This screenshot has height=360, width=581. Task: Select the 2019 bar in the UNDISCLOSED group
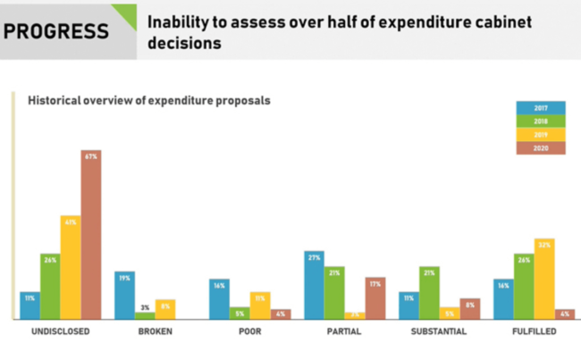point(71,267)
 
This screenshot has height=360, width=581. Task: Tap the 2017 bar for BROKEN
point(125,295)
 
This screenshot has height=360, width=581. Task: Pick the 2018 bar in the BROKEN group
point(145,314)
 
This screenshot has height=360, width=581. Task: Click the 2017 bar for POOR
point(219,299)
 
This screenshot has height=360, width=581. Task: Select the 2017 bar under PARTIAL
point(314,285)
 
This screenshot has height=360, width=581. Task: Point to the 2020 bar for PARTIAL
point(375,297)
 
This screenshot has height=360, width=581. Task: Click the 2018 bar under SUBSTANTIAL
point(429,292)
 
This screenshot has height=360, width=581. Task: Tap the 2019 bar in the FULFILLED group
point(543,279)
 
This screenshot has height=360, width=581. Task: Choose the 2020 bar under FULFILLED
point(563,314)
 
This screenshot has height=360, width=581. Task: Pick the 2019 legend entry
point(541,135)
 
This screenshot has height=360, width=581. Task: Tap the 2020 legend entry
point(541,148)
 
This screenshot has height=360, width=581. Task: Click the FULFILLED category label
point(533,332)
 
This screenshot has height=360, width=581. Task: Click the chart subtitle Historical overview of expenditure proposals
point(149,101)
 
